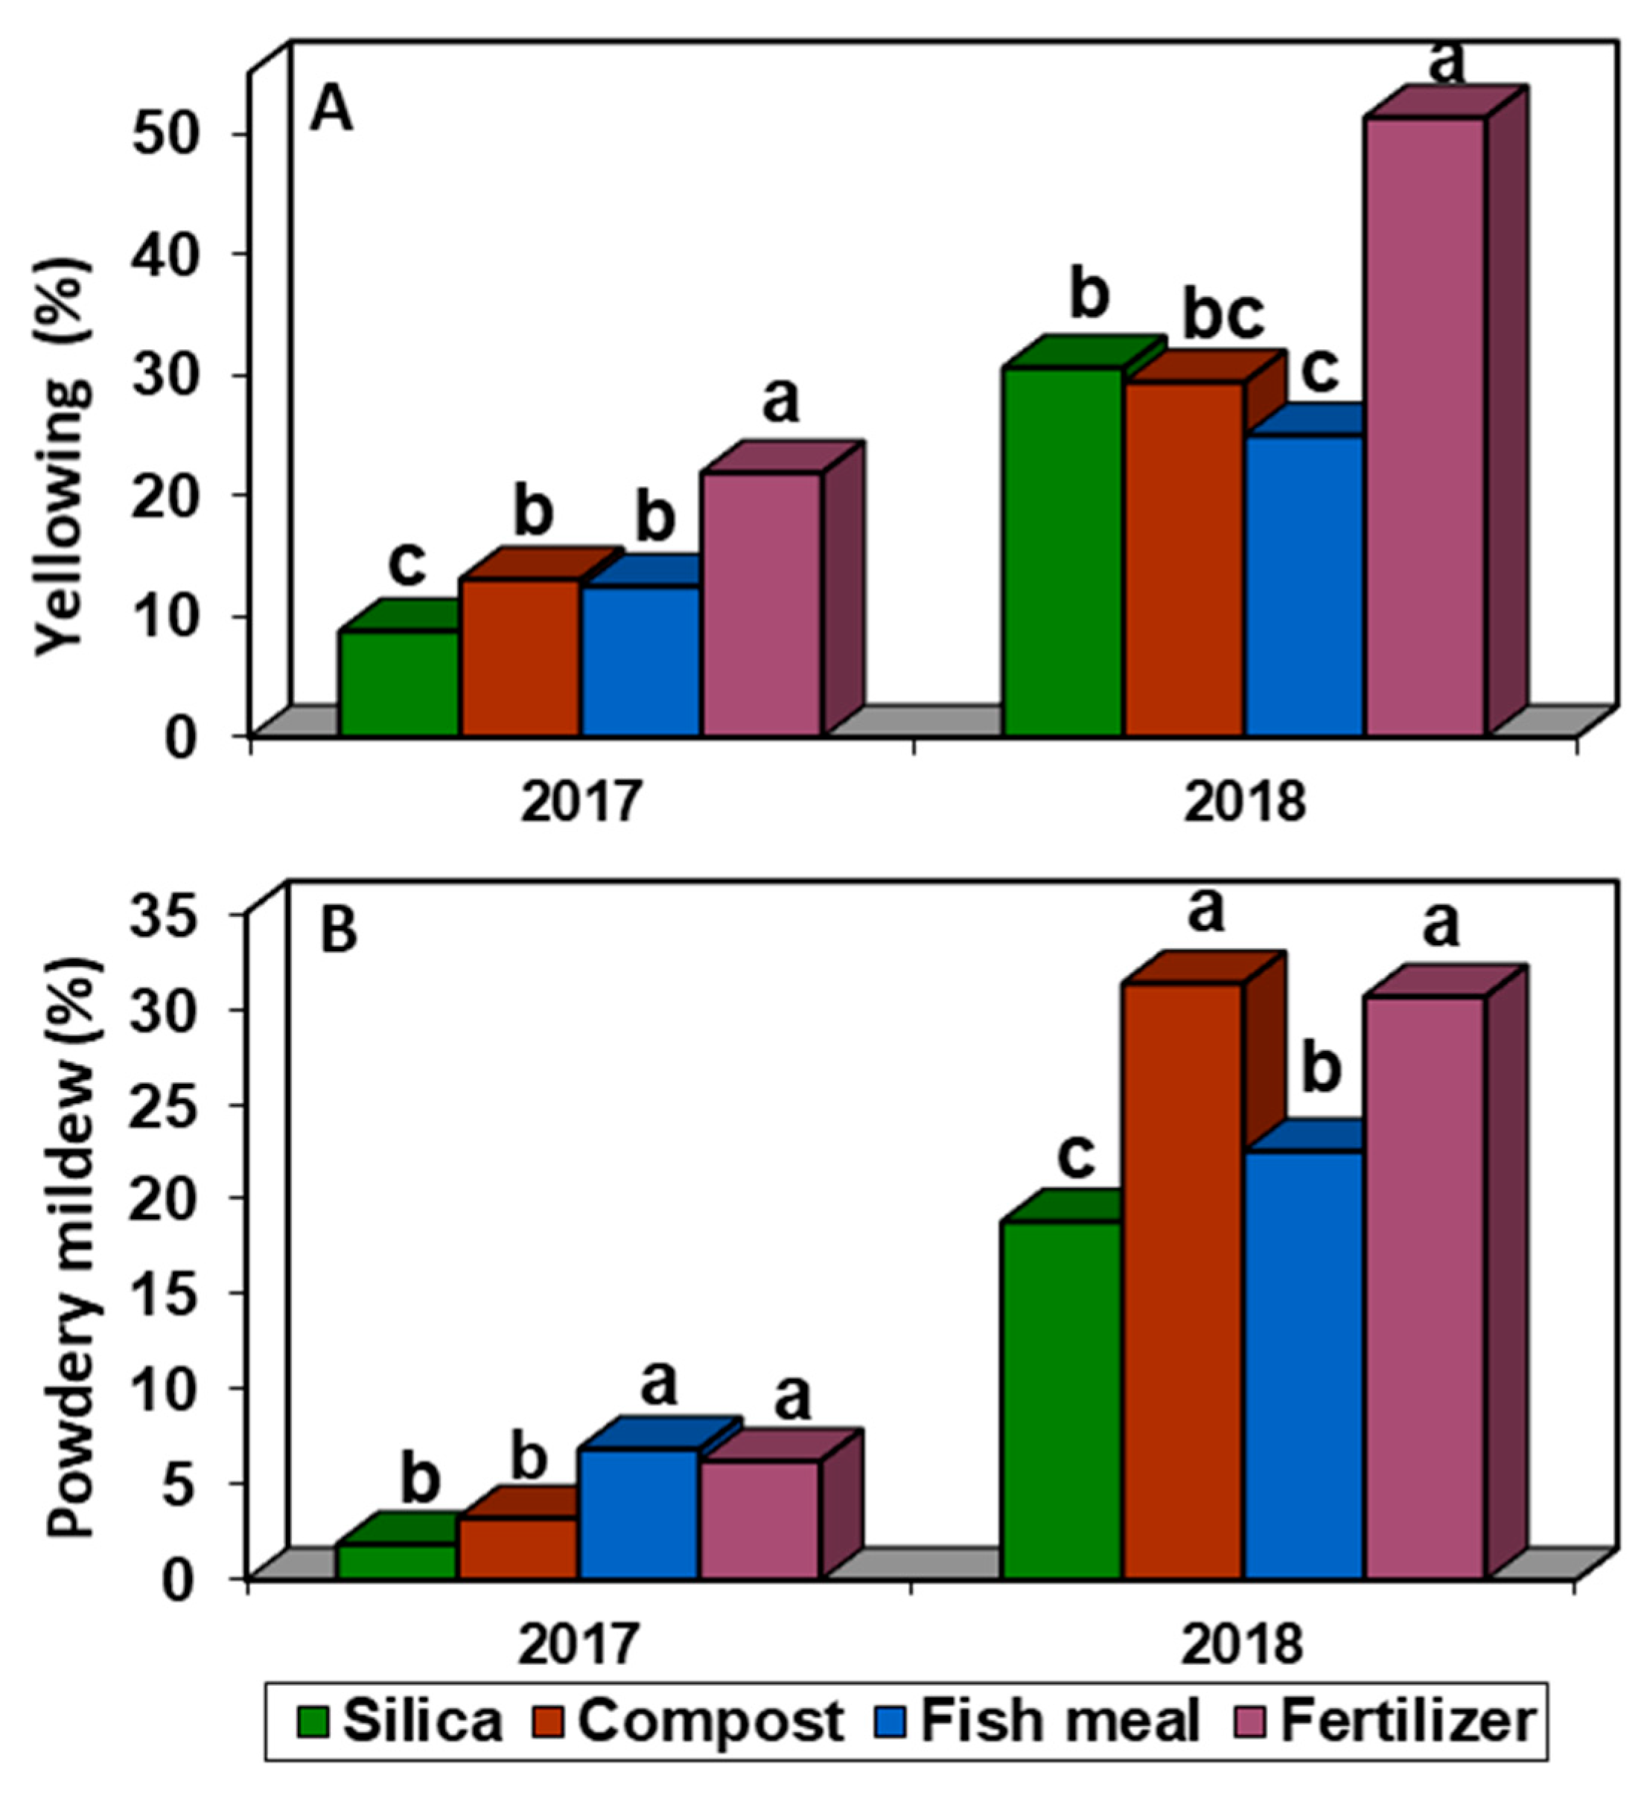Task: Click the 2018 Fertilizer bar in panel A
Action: click(x=1425, y=427)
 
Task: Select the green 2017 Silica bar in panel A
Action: click(x=398, y=683)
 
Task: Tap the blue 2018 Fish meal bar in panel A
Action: click(x=1304, y=585)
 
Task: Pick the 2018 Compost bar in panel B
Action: click(x=1183, y=1281)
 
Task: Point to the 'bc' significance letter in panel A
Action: click(x=1223, y=316)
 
